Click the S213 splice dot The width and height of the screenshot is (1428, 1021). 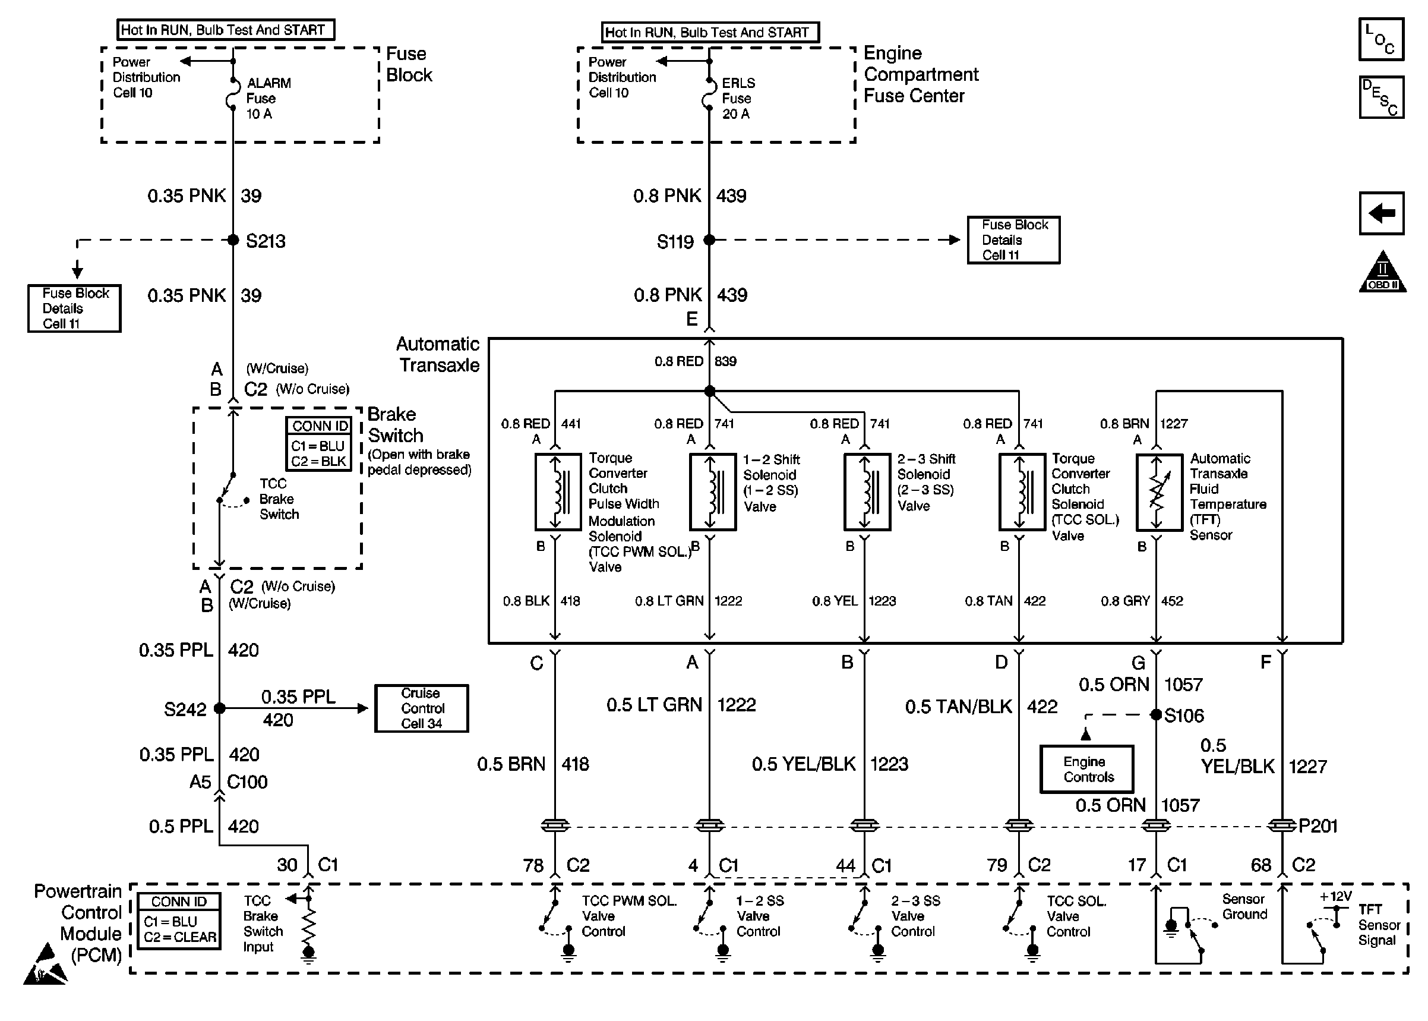click(x=233, y=240)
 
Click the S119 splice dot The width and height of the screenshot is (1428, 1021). click(x=709, y=240)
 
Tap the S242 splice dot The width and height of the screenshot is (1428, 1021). click(x=219, y=708)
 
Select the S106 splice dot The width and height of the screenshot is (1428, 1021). click(x=1155, y=714)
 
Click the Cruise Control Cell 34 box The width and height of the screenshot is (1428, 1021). click(x=422, y=708)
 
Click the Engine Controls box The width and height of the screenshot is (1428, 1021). click(x=1087, y=769)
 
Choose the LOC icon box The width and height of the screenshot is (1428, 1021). click(x=1381, y=39)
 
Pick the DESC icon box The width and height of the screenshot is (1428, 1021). click(x=1381, y=97)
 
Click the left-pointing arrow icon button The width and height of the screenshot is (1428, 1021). click(x=1381, y=213)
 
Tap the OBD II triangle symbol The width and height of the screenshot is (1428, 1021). click(x=1382, y=272)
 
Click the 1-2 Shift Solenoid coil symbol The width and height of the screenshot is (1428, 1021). click(x=712, y=491)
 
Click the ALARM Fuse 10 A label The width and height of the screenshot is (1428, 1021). click(x=268, y=98)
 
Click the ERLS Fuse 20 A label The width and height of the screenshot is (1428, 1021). click(x=738, y=98)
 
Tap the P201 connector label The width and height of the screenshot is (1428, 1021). click(x=1318, y=825)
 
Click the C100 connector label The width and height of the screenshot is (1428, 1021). click(x=247, y=781)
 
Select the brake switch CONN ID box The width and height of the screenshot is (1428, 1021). click(x=318, y=444)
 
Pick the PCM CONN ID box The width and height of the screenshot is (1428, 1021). click(x=179, y=921)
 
